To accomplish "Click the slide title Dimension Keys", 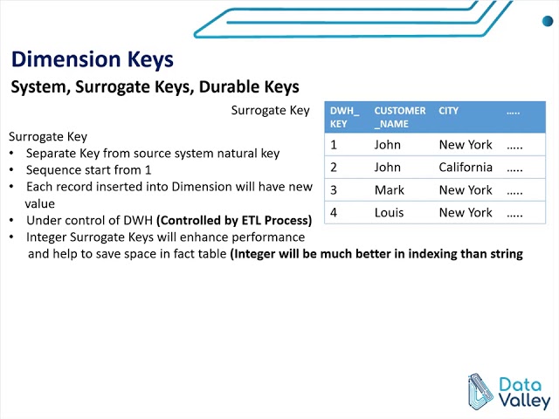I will [x=92, y=59].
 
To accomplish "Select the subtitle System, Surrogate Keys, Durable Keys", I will [x=155, y=87].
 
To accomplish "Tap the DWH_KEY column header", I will [x=339, y=117].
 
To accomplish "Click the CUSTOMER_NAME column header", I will [x=399, y=117].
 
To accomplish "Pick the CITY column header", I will [x=449, y=111].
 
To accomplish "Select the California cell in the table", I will [x=466, y=167].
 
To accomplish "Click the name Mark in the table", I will [x=389, y=189].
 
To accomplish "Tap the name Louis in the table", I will [x=390, y=212].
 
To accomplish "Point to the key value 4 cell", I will [x=334, y=212].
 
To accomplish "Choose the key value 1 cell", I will [x=334, y=144].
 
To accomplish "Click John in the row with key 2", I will [x=388, y=167].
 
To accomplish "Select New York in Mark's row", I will [x=466, y=189].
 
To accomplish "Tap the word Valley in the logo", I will [x=523, y=401].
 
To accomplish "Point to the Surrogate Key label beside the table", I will [x=270, y=111].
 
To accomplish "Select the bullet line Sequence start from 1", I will [x=88, y=170].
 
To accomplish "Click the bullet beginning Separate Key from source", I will [x=152, y=154].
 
